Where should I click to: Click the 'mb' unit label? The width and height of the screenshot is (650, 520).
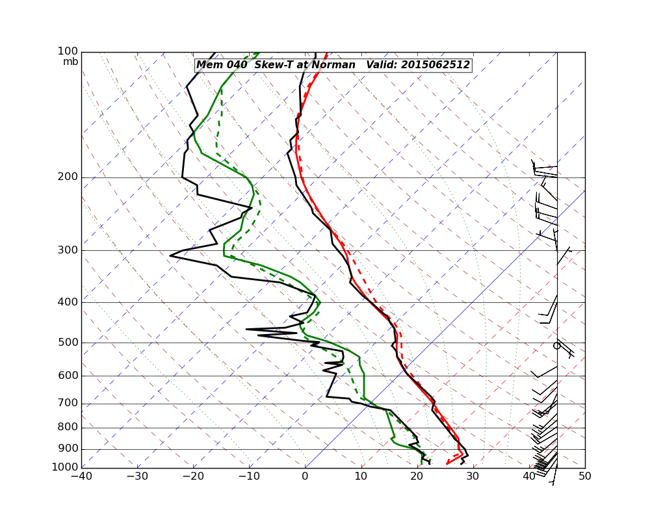point(71,62)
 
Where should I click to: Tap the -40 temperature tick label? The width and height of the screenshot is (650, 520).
point(81,476)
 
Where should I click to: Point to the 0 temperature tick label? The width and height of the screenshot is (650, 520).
point(305,476)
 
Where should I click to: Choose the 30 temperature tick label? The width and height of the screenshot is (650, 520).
point(473,476)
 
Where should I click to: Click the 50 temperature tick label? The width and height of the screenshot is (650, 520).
point(584,476)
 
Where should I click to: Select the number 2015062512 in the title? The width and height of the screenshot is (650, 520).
point(435,65)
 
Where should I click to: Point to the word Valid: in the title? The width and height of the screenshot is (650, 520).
point(382,65)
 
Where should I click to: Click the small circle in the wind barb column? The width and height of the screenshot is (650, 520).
point(556,346)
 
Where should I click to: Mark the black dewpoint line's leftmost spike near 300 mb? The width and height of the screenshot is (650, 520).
point(170,255)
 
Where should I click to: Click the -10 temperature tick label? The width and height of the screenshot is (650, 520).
point(248,476)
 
